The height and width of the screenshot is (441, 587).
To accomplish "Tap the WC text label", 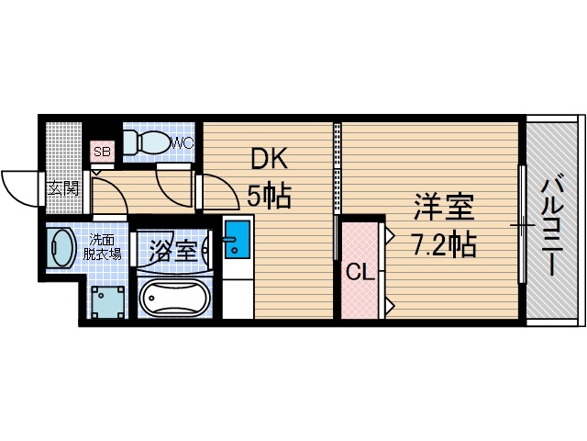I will (182, 142).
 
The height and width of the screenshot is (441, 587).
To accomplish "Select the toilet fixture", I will (146, 141).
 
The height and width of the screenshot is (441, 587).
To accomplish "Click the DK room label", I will (270, 160).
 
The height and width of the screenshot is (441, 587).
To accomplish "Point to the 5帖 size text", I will (270, 196).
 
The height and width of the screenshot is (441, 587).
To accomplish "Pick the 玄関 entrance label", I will (64, 188).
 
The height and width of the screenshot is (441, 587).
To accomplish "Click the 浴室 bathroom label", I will (172, 249).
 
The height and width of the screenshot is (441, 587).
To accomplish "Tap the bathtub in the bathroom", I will (174, 298).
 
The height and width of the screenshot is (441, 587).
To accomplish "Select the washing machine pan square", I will (108, 300).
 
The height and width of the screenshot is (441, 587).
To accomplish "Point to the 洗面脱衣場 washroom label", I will (104, 247).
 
